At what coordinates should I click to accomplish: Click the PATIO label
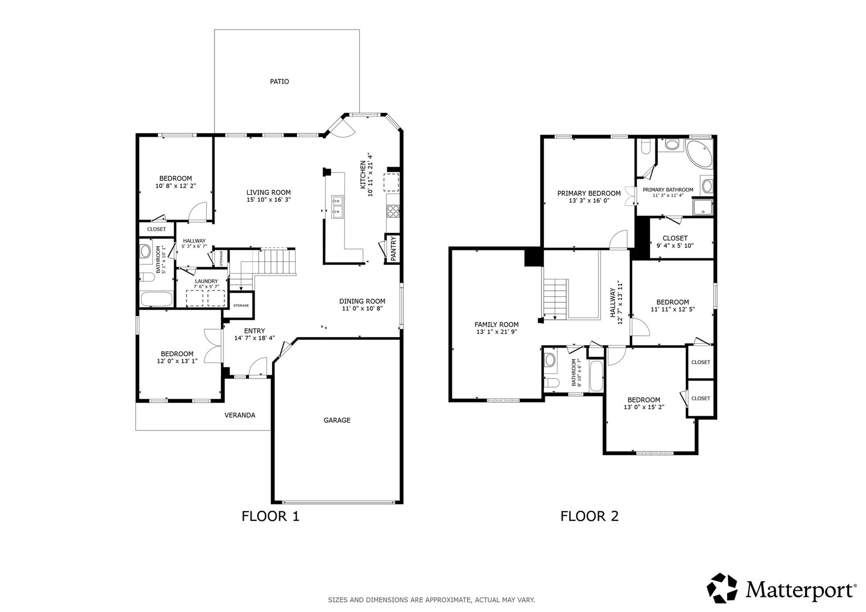click(x=280, y=82)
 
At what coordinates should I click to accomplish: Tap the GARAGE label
click(x=337, y=420)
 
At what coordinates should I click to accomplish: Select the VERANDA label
click(x=240, y=415)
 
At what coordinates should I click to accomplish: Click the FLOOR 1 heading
click(x=271, y=516)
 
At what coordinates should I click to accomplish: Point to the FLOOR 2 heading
click(x=589, y=516)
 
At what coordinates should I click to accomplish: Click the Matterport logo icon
click(x=722, y=588)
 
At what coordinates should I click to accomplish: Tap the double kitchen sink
click(x=337, y=207)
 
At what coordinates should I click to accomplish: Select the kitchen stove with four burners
click(x=393, y=211)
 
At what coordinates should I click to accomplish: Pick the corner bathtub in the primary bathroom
click(x=699, y=154)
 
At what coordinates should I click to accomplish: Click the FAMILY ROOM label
click(x=496, y=325)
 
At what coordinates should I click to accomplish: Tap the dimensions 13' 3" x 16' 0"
click(x=589, y=201)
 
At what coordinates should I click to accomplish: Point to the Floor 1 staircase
click(x=262, y=269)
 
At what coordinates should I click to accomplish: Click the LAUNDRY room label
click(x=206, y=281)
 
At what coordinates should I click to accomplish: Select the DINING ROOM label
click(x=362, y=301)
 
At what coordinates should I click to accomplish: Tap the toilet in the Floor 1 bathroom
click(x=147, y=277)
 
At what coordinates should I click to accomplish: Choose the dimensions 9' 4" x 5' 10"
click(x=675, y=246)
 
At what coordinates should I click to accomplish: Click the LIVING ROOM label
click(x=269, y=192)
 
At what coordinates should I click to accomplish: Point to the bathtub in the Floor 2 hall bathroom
click(x=596, y=376)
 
